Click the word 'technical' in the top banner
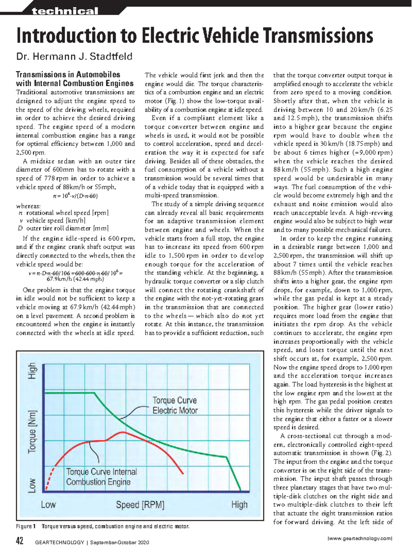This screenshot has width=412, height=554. pos(65,11)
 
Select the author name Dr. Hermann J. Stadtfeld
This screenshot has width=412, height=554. pos(74,56)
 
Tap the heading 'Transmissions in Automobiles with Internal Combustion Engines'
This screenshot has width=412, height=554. pos(75,79)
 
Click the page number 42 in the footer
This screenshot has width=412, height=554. pos(20,541)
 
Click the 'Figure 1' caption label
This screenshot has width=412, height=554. pos(26,527)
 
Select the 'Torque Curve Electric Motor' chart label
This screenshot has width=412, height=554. pos(175,405)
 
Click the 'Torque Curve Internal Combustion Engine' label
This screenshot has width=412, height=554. pos(101,477)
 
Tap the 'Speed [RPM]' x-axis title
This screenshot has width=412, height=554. pos(140,505)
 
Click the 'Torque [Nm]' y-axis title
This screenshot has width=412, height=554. pos(32,431)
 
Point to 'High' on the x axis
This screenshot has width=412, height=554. pos(239,505)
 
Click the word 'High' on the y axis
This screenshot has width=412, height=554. pos(32,371)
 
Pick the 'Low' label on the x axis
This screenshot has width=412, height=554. pos(48,505)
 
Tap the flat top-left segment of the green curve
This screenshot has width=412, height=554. pos(69,393)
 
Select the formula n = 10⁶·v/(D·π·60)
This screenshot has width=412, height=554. pos(75,196)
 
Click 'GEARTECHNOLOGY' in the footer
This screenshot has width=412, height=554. pos(60,542)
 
